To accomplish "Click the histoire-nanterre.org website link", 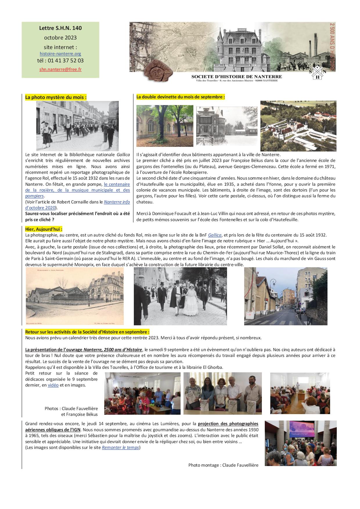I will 60,54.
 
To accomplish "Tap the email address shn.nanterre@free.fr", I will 60,70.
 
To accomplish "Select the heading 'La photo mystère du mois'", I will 56,98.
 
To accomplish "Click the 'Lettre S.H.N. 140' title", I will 60,28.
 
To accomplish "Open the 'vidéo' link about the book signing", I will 53,385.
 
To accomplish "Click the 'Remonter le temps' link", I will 120,447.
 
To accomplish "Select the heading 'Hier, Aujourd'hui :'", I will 44,229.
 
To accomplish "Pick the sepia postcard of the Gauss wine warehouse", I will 75,296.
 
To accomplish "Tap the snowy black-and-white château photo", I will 226,126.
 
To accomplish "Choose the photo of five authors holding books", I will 222,394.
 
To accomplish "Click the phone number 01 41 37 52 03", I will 60,61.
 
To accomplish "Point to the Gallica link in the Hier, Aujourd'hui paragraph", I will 215,235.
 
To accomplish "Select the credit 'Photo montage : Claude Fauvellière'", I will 223,465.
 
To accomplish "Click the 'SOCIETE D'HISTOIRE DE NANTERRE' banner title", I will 237,77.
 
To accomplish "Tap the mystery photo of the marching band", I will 77,126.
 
